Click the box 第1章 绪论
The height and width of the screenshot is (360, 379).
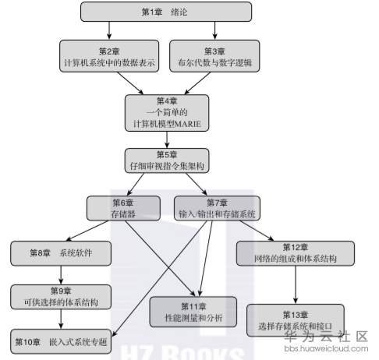165,12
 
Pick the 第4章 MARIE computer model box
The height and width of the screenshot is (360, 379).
167,112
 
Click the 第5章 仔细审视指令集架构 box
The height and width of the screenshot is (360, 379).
167,160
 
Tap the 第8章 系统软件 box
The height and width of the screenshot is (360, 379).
59,252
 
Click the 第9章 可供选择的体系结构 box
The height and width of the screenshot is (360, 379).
59,296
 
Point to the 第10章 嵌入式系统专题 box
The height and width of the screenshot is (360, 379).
59,341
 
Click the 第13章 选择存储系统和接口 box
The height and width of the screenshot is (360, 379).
293,319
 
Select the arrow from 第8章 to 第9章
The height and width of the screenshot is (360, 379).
59,274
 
